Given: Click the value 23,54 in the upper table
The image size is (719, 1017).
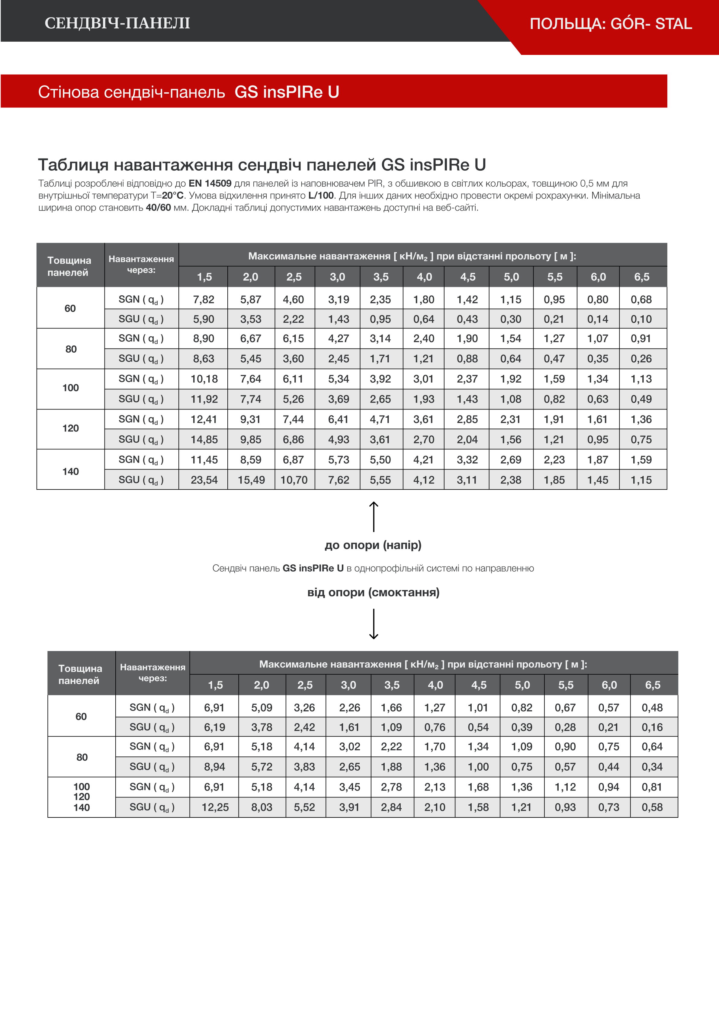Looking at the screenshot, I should click(x=204, y=480).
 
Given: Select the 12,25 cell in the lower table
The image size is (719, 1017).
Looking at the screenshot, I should click(x=215, y=807).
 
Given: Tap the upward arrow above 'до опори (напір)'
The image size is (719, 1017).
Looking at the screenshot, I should click(x=374, y=516).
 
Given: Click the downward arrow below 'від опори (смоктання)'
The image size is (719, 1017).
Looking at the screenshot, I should click(x=374, y=624).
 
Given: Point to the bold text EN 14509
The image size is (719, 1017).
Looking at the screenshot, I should click(x=210, y=183).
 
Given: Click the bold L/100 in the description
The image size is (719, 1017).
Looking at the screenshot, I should click(x=321, y=195).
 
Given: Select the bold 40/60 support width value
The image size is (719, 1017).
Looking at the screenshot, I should click(x=158, y=208).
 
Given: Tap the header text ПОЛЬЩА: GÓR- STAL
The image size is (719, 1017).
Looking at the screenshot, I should click(x=611, y=24).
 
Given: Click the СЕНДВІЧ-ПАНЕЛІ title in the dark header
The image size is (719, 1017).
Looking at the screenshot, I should click(x=117, y=23).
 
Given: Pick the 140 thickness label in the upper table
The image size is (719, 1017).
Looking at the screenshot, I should click(x=70, y=471).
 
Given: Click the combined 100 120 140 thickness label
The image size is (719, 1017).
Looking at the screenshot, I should click(x=82, y=797).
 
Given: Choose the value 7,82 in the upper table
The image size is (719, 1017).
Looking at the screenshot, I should click(x=204, y=300).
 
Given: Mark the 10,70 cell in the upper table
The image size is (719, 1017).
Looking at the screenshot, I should click(x=294, y=480).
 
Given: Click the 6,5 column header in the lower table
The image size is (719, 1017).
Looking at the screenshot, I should click(x=653, y=685).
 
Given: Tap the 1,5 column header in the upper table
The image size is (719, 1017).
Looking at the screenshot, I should click(x=204, y=277).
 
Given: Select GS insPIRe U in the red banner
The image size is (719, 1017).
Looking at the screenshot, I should click(x=287, y=92).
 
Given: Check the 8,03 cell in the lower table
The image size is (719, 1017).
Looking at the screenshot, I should click(x=262, y=807).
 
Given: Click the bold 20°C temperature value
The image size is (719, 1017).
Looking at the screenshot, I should click(x=172, y=195).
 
